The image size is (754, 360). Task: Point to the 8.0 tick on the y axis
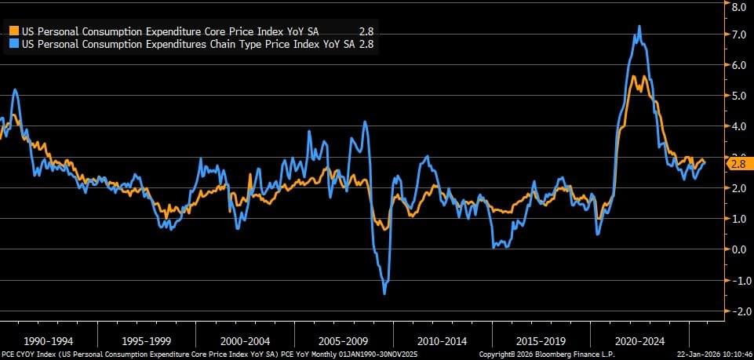[x=738, y=6]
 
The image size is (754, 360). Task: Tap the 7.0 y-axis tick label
[x=738, y=35]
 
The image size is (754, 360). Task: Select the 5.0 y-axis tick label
[x=738, y=96]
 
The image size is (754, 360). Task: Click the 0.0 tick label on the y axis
[x=738, y=249]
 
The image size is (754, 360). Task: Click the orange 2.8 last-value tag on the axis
[x=738, y=163]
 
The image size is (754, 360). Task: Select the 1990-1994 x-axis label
[x=49, y=341]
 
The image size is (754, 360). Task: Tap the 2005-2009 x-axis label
[x=344, y=341]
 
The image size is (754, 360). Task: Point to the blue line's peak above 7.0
[x=639, y=26]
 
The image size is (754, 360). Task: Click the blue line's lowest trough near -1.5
[x=384, y=293]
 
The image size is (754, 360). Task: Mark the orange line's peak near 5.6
[x=636, y=76]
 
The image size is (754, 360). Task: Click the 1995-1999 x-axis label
[x=148, y=341]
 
